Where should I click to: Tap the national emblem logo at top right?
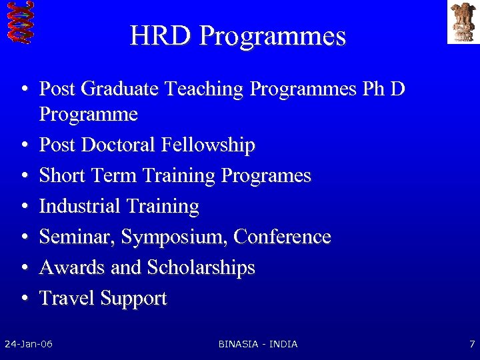pyautogui.click(x=463, y=22)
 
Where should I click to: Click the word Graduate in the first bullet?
pyautogui.click(x=122, y=89)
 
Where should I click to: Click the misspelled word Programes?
pyautogui.click(x=265, y=176)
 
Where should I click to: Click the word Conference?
pyautogui.click(x=282, y=237)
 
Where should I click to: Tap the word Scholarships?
pyautogui.click(x=201, y=268)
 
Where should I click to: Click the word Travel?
pyautogui.click(x=67, y=298)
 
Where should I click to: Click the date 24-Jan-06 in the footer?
pyautogui.click(x=29, y=344)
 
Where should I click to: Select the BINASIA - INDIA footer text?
pyautogui.click(x=258, y=344)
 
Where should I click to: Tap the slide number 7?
pyautogui.click(x=471, y=344)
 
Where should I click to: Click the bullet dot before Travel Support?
pyautogui.click(x=23, y=299)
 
